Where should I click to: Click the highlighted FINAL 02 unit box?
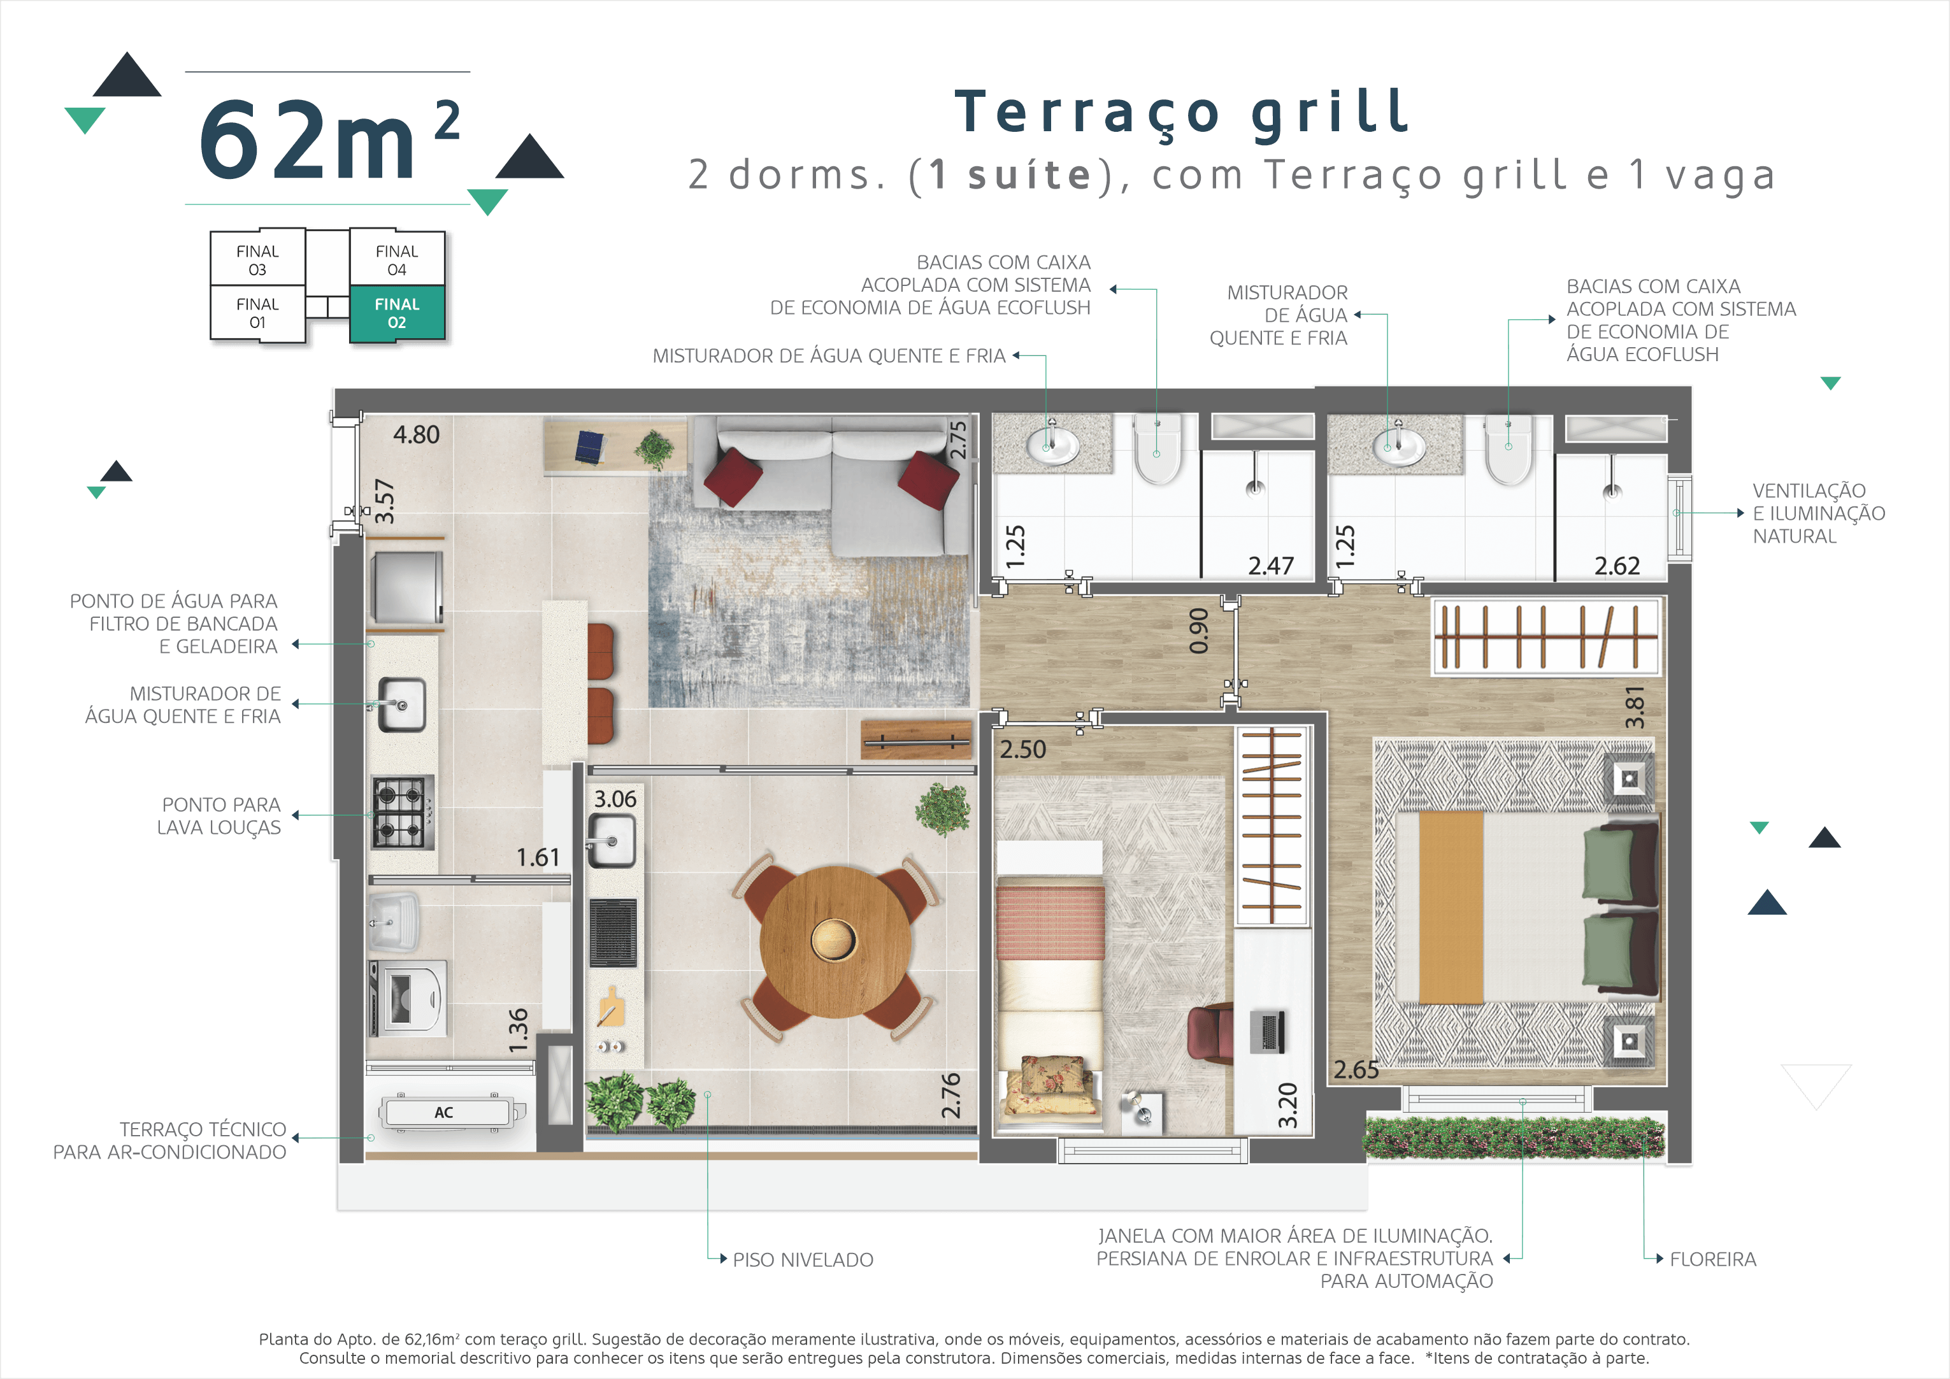coord(397,313)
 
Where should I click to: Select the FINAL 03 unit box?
coord(257,259)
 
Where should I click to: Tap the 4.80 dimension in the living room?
coord(416,435)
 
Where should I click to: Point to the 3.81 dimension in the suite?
coord(1634,706)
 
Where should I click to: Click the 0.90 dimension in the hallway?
coord(1198,631)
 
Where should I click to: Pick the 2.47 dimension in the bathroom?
coord(1270,566)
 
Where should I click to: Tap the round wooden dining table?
coord(835,941)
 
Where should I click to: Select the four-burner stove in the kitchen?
coord(403,813)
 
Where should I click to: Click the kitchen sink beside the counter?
coord(401,704)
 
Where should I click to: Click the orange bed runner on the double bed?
coord(1451,908)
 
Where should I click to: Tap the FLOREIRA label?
coord(1712,1259)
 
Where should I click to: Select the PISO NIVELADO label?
coord(803,1260)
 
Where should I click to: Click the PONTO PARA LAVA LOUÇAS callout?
coord(219,816)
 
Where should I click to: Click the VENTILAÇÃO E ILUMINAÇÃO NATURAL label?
coord(1818,514)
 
